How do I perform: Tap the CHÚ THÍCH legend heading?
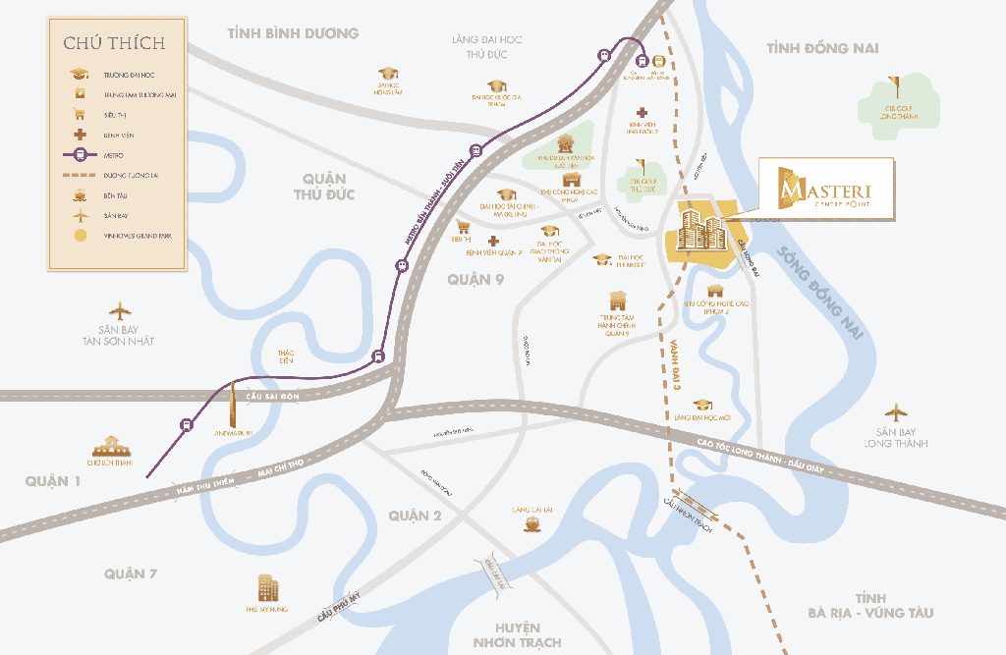(114, 42)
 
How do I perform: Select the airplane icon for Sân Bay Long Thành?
(894, 412)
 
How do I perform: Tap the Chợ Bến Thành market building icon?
(111, 447)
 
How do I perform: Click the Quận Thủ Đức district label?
(324, 186)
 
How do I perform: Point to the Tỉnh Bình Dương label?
(293, 33)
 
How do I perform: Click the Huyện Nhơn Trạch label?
(517, 634)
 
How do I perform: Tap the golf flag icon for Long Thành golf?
(892, 83)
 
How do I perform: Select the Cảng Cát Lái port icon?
(531, 524)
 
